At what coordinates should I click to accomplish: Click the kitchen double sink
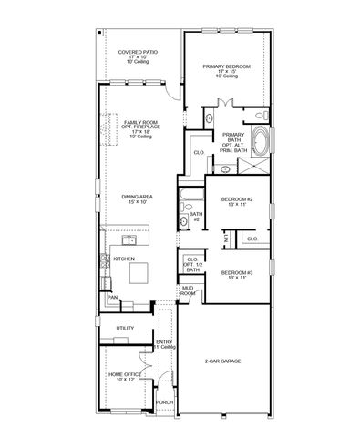(127, 242)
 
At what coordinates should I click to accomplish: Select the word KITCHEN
(125, 259)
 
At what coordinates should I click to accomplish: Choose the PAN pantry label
(112, 297)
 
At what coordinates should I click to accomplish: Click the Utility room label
(125, 328)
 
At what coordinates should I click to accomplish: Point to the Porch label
(164, 401)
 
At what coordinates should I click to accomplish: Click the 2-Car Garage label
(223, 361)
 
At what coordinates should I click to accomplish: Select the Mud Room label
(187, 291)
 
